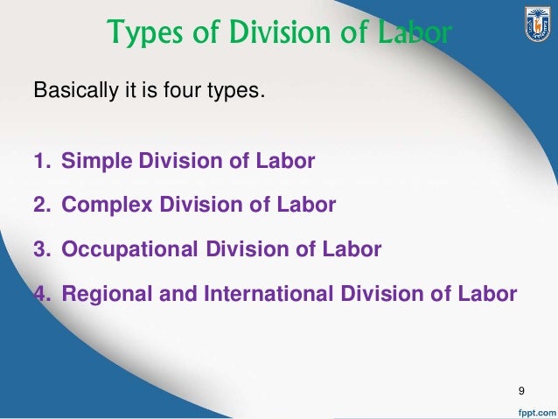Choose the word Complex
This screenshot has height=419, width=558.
[x=104, y=206]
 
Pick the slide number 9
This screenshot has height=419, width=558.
[x=522, y=389]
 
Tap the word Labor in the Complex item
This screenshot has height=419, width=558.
[x=306, y=206]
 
